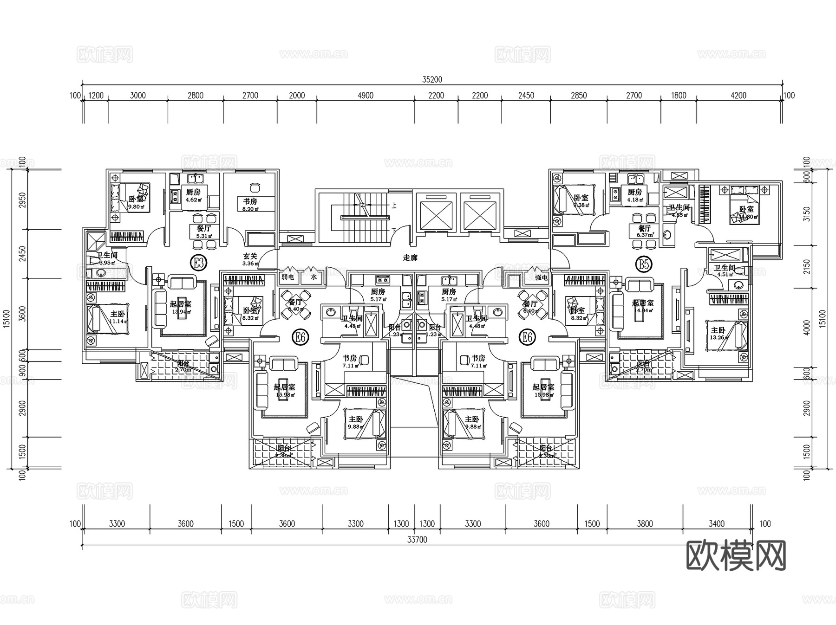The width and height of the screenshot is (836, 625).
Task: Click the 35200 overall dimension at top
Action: [432, 79]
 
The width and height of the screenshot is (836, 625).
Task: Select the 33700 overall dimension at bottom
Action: [417, 540]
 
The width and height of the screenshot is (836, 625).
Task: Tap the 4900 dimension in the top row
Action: [366, 96]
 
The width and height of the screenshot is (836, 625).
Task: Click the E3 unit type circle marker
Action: [198, 263]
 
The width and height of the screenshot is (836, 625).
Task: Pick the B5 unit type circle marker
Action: [644, 264]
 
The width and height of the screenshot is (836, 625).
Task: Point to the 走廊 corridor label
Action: [410, 258]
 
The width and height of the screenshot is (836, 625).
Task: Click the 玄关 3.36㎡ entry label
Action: [250, 259]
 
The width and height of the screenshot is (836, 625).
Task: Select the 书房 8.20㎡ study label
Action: [250, 204]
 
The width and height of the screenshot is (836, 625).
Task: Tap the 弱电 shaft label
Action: [288, 277]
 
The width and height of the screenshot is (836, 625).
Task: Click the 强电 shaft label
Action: [542, 277]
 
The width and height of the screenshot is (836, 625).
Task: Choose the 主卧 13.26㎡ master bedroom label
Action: [718, 333]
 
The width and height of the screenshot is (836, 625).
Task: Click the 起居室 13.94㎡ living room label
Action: [181, 307]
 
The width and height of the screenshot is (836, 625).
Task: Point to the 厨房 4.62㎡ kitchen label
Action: [193, 195]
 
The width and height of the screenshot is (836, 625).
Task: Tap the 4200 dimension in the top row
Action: [738, 96]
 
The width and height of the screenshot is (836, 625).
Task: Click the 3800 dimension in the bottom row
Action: [645, 523]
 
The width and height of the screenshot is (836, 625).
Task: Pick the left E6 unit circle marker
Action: [300, 336]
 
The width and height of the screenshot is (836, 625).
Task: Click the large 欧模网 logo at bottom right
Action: [736, 555]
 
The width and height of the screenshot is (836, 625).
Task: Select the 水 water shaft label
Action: [314, 277]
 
